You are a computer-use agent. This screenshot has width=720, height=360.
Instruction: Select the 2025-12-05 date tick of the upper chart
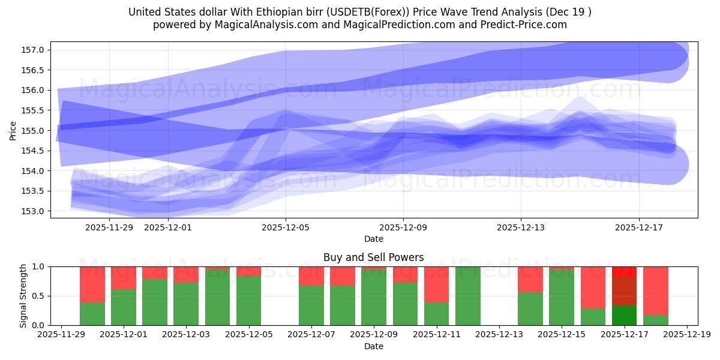pyautogui.click(x=286, y=227)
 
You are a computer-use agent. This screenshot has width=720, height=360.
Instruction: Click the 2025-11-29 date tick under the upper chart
pyautogui.click(x=109, y=227)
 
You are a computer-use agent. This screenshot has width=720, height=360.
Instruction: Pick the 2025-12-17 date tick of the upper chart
pyautogui.click(x=638, y=227)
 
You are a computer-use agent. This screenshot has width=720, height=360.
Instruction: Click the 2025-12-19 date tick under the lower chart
pyautogui.click(x=687, y=335)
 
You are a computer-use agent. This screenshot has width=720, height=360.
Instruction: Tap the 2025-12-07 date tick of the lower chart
pyautogui.click(x=311, y=335)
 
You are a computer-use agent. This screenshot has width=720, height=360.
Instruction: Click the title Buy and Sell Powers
pyautogui.click(x=373, y=257)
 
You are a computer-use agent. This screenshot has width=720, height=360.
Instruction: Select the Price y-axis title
pyautogui.click(x=13, y=130)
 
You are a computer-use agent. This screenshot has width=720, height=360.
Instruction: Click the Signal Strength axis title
pyautogui.click(x=23, y=295)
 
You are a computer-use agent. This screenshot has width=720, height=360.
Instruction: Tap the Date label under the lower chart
pyautogui.click(x=373, y=346)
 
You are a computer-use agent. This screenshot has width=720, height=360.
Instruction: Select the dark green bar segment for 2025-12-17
pyautogui.click(x=624, y=315)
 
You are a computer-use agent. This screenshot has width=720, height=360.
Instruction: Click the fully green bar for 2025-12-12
pyautogui.click(x=467, y=296)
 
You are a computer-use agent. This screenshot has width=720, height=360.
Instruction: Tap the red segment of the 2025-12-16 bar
pyautogui.click(x=593, y=287)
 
